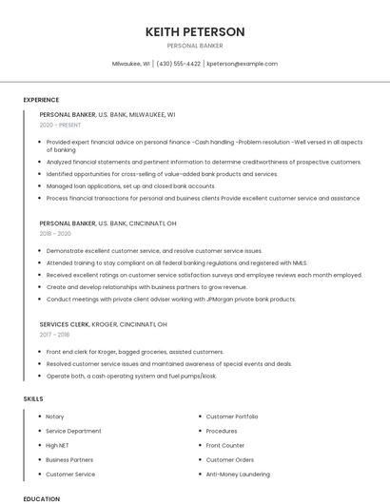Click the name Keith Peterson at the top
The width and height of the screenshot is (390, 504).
[x=195, y=31]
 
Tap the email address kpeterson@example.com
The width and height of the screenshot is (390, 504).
[x=243, y=64]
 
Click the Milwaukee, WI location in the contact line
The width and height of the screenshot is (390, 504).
[x=131, y=64]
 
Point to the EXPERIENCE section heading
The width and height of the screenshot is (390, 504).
[x=41, y=100]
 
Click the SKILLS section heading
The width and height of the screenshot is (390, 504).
[x=34, y=398]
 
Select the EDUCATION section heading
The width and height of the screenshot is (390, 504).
[x=41, y=498]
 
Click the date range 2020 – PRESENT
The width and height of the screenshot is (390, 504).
[x=61, y=125]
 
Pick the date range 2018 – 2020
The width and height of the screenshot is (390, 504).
[x=55, y=233]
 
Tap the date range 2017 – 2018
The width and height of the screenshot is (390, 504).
[x=55, y=335]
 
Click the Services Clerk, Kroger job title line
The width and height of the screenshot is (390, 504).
[x=104, y=324]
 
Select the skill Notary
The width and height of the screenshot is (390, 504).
[x=55, y=417]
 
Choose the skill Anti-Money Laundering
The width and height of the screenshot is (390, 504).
[x=239, y=474]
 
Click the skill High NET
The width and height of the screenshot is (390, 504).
[x=58, y=445]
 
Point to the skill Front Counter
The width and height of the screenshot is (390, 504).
[x=225, y=445]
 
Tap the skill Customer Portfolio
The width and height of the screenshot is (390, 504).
[x=232, y=417]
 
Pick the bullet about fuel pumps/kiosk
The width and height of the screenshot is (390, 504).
[x=131, y=376]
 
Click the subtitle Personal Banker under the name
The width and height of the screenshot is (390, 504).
[x=195, y=45]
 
